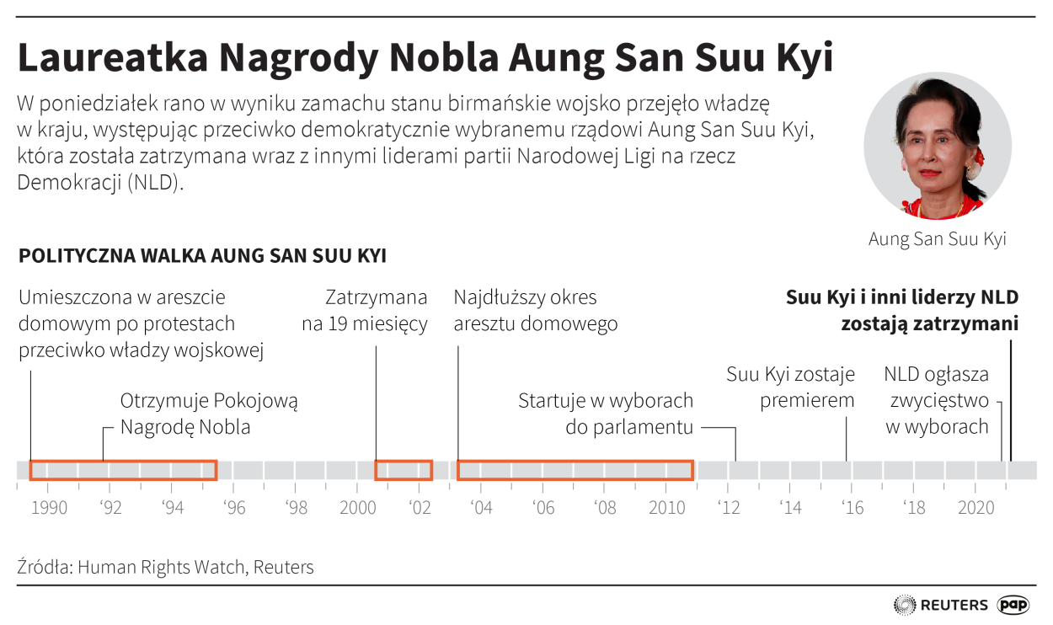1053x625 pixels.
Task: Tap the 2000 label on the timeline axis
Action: pos(357,508)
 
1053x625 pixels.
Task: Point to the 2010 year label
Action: pos(665,508)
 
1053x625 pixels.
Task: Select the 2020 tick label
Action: pos(975,508)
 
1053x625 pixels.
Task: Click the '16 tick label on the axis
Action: pos(852,508)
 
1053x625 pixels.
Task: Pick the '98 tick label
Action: pos(296,508)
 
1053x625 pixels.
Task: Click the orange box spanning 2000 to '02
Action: pos(404,470)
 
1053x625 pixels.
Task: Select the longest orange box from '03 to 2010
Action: pos(575,470)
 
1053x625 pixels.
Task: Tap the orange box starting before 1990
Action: pos(123,470)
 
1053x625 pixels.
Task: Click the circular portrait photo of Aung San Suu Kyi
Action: pos(938,147)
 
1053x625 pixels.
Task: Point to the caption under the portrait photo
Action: pos(938,239)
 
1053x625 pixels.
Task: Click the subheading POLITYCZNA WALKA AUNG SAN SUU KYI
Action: pos(202,256)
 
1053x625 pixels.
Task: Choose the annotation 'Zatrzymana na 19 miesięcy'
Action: pos(364,310)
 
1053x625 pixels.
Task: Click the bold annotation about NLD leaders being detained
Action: pos(902,310)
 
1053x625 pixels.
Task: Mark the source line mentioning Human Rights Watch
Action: pos(165,567)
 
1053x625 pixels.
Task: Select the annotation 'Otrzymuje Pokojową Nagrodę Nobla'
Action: pos(209,414)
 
